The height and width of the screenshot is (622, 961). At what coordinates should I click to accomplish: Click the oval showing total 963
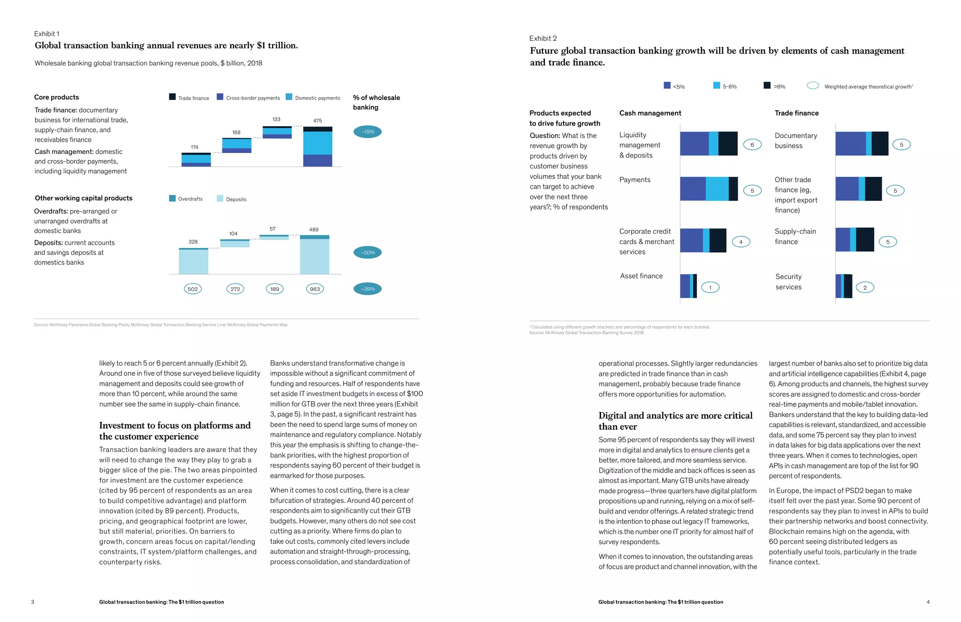(315, 289)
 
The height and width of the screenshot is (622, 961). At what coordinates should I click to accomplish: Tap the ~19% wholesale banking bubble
(367, 132)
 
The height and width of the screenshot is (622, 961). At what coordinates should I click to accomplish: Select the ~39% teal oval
(367, 289)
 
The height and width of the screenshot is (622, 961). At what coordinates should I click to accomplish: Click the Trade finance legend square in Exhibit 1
(172, 97)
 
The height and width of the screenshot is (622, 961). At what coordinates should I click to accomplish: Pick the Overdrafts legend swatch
(172, 199)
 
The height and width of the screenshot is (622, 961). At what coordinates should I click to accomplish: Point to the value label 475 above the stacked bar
(318, 121)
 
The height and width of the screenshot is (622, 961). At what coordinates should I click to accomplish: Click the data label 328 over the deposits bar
(193, 242)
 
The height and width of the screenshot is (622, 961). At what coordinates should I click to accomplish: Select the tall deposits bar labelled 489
(314, 256)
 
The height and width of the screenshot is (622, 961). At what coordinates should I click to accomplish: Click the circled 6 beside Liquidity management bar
(752, 145)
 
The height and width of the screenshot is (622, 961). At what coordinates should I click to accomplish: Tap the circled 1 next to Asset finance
(710, 287)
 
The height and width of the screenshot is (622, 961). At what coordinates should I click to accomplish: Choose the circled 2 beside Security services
(865, 287)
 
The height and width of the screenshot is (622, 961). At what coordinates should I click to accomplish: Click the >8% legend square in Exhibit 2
(767, 85)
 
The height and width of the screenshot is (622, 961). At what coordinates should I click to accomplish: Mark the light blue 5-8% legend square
(717, 85)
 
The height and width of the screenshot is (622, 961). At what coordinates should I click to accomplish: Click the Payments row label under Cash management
(635, 180)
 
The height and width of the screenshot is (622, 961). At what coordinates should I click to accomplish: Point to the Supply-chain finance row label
(795, 237)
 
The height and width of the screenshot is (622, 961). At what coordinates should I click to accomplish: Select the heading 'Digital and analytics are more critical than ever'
(675, 421)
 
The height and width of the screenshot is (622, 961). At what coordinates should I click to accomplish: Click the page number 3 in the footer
(32, 602)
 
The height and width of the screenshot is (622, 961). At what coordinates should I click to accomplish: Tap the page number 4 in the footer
(928, 602)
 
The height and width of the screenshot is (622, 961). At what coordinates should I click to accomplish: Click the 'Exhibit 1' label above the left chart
(47, 34)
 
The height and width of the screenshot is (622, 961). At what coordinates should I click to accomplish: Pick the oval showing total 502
(192, 289)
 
